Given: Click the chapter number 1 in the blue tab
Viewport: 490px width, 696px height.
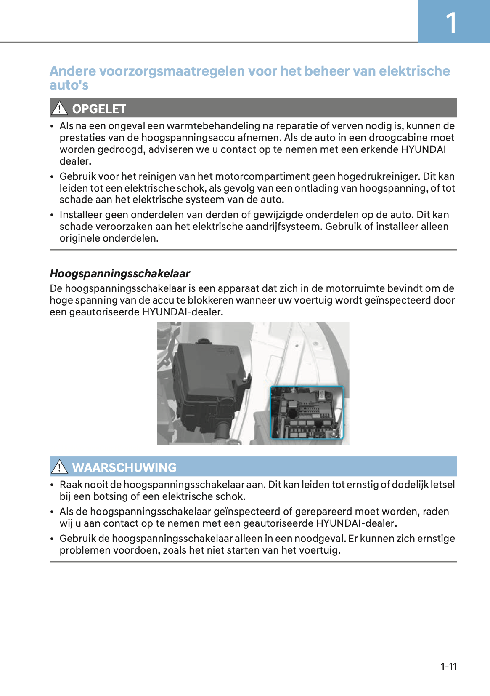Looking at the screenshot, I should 451,23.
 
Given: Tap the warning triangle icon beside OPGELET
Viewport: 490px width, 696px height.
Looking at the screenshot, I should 60,109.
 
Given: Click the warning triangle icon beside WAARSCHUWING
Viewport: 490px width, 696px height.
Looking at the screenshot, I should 60,467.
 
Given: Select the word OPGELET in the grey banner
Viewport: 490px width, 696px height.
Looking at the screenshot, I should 99,109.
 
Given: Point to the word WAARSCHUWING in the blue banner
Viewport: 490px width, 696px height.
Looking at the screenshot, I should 124,467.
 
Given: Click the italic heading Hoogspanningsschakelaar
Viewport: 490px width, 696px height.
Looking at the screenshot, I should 120,274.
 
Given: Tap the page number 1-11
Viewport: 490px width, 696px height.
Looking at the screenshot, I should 448,667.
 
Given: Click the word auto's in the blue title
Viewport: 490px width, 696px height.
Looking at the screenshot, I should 69,85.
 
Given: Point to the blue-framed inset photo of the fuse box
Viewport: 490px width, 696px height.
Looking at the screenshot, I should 307,413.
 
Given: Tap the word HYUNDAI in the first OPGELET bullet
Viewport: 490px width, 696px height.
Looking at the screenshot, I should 423,149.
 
